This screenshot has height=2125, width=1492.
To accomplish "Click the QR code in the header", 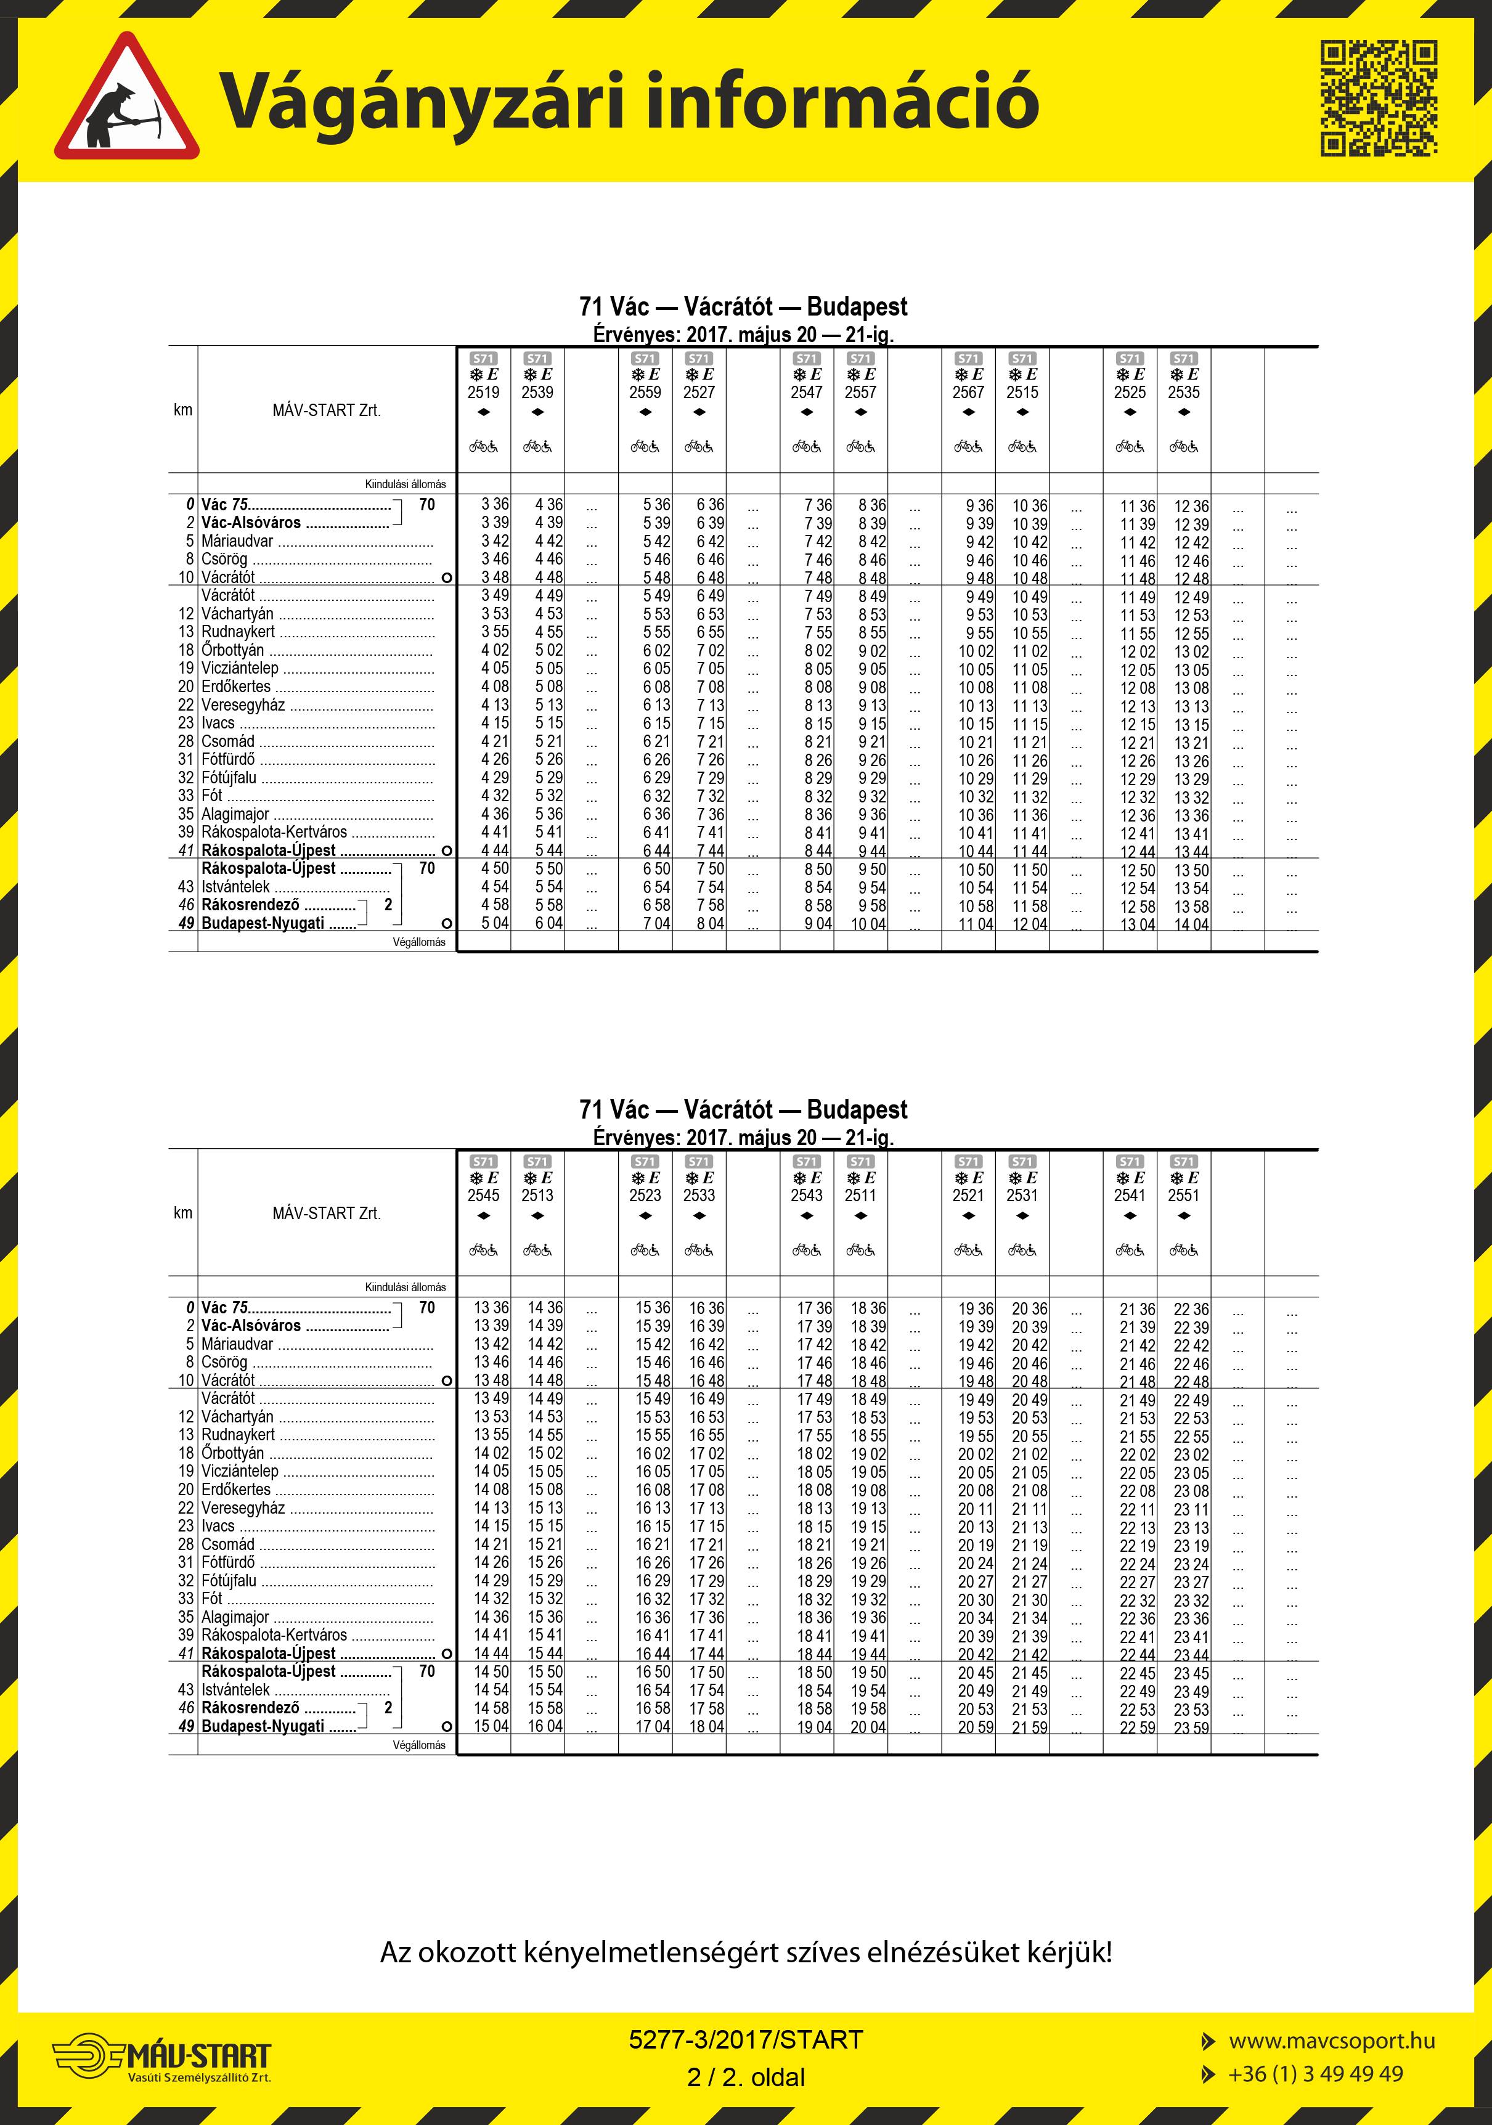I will click(1378, 97).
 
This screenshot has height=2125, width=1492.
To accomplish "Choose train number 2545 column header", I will click(483, 1195).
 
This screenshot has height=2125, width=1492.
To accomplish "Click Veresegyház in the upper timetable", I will click(242, 705).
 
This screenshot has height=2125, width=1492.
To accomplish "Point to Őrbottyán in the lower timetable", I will click(232, 1453).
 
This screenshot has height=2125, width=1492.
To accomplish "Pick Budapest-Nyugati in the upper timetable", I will click(263, 924).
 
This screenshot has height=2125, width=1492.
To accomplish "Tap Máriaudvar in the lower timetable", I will click(237, 1344).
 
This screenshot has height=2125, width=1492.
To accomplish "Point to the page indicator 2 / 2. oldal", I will click(746, 2077).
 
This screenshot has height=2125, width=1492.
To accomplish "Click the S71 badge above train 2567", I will click(968, 358).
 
